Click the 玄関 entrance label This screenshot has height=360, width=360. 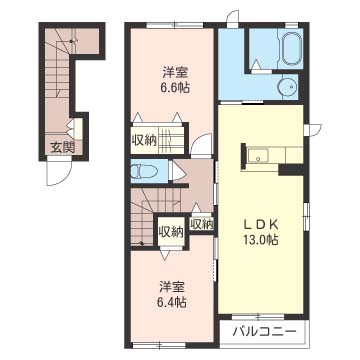point(62,147)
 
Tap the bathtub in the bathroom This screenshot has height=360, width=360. point(292,48)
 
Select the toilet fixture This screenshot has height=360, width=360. point(144,172)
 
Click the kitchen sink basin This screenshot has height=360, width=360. point(258,155)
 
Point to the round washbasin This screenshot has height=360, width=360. point(287,87)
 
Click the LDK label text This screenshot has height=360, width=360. point(261,225)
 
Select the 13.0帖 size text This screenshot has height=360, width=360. point(261,240)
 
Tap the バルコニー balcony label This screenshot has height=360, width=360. point(264,332)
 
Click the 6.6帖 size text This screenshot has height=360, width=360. point(175,87)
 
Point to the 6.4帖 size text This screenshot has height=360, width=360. point(172,302)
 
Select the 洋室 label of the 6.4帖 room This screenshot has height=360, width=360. point(172,287)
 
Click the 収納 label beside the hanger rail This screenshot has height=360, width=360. point(144,140)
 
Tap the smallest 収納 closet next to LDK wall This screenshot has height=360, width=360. point(201,224)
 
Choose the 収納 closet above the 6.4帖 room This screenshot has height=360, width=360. point(171,232)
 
